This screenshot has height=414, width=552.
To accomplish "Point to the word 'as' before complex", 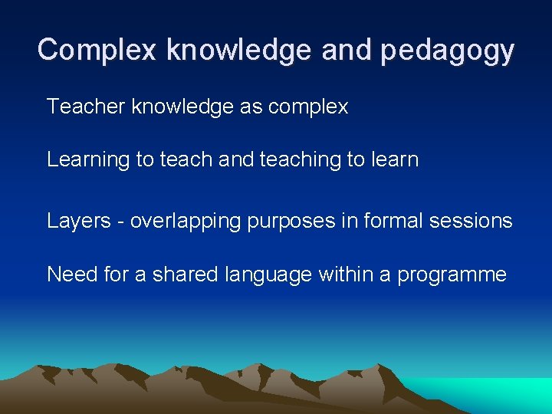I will (x=251, y=107).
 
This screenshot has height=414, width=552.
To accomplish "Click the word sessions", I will (x=473, y=221).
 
